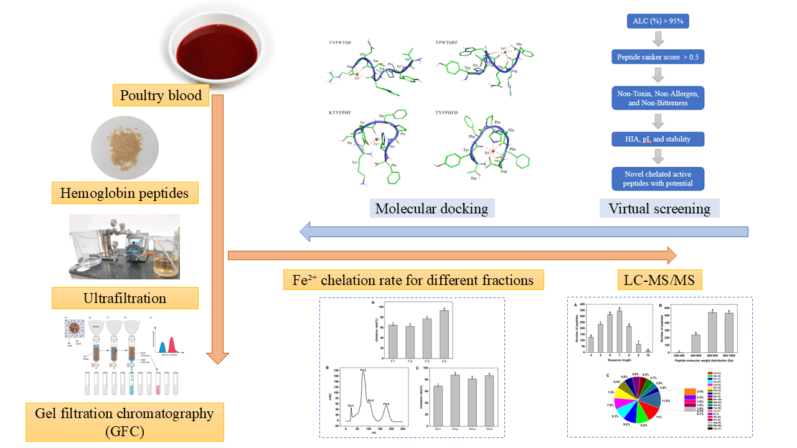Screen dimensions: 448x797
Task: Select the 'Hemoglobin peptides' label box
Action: point(124,194)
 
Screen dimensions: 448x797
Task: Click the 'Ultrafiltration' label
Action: point(125,298)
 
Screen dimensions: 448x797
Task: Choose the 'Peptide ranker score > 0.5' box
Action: point(658,57)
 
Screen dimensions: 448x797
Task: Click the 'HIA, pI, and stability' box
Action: point(658,139)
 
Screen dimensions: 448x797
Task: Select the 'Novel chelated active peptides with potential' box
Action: point(658,179)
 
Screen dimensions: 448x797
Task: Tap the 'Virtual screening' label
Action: point(659,208)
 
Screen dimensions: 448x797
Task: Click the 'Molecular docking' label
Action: point(432,208)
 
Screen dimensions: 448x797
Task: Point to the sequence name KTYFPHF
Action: point(342,113)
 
